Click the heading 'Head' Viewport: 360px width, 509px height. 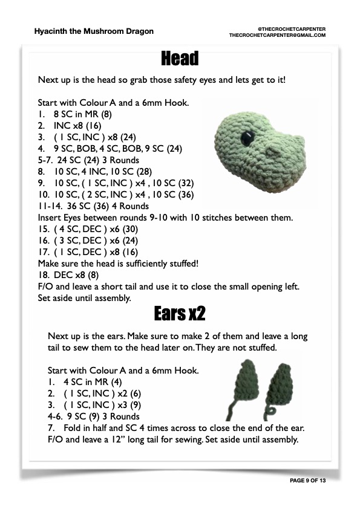(x=180, y=59)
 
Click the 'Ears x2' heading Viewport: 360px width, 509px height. (x=180, y=314)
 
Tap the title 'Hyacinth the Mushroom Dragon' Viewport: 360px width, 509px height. (x=94, y=31)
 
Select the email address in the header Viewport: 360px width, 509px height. (x=278, y=35)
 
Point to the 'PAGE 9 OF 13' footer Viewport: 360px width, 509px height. (x=307, y=479)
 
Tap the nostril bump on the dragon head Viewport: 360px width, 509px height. (x=272, y=151)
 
